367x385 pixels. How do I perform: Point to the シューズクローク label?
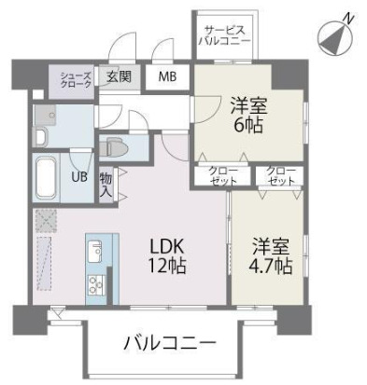(76, 79)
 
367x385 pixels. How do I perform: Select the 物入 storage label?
(106, 184)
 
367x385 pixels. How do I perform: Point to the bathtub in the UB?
(47, 178)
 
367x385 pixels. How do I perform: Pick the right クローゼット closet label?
(278, 176)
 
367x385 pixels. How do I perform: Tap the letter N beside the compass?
(347, 18)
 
